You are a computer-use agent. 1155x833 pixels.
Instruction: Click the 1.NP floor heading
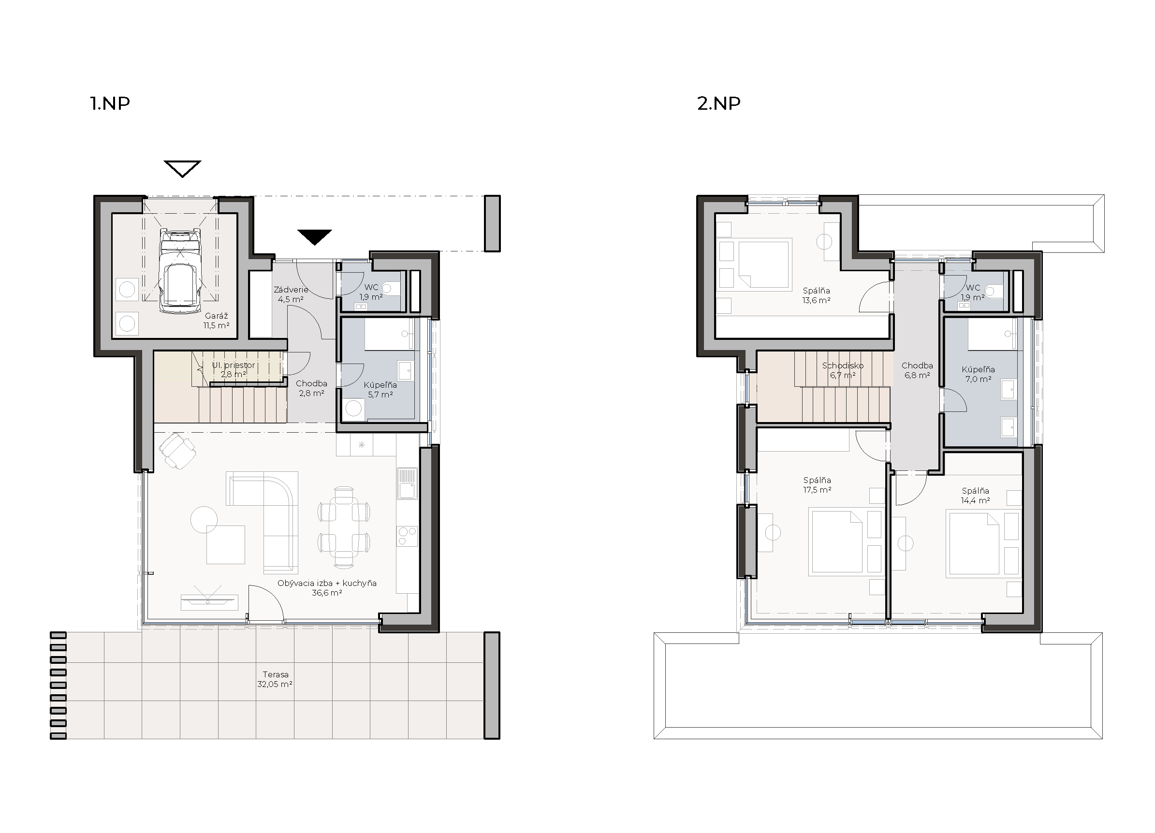point(110,103)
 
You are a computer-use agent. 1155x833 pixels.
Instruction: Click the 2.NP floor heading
point(718,103)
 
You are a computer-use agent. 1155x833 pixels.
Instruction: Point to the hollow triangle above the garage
point(182,169)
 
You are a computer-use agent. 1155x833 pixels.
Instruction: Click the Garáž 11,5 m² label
point(217,321)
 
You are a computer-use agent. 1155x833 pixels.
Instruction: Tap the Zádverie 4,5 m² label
point(291,294)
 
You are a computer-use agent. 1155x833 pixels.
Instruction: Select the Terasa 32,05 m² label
point(275,679)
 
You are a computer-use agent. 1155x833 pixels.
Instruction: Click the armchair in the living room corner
point(177,450)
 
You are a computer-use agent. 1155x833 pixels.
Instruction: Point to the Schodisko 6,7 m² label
point(843,370)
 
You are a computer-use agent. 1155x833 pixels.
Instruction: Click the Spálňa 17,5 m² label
point(818,485)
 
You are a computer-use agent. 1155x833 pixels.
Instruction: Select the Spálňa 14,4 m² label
point(975,496)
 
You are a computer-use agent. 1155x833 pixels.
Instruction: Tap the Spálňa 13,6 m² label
point(817,295)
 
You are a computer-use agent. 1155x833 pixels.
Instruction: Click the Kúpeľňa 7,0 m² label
point(978,374)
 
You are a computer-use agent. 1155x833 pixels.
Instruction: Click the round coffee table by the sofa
point(204,519)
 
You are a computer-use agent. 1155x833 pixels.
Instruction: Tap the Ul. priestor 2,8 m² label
point(233,370)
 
